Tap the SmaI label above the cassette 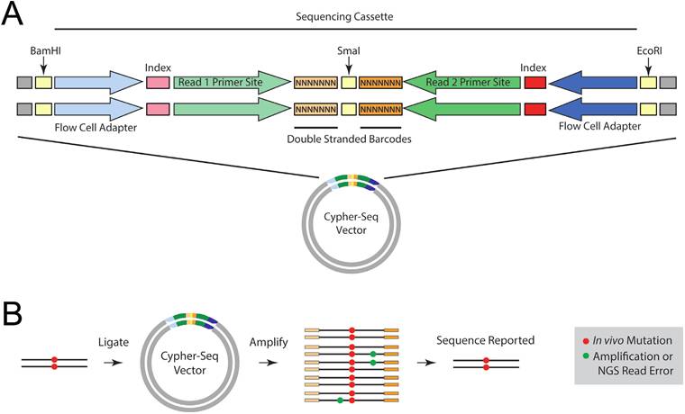click(349, 53)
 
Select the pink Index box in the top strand click(157, 84)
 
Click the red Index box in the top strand click(534, 84)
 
